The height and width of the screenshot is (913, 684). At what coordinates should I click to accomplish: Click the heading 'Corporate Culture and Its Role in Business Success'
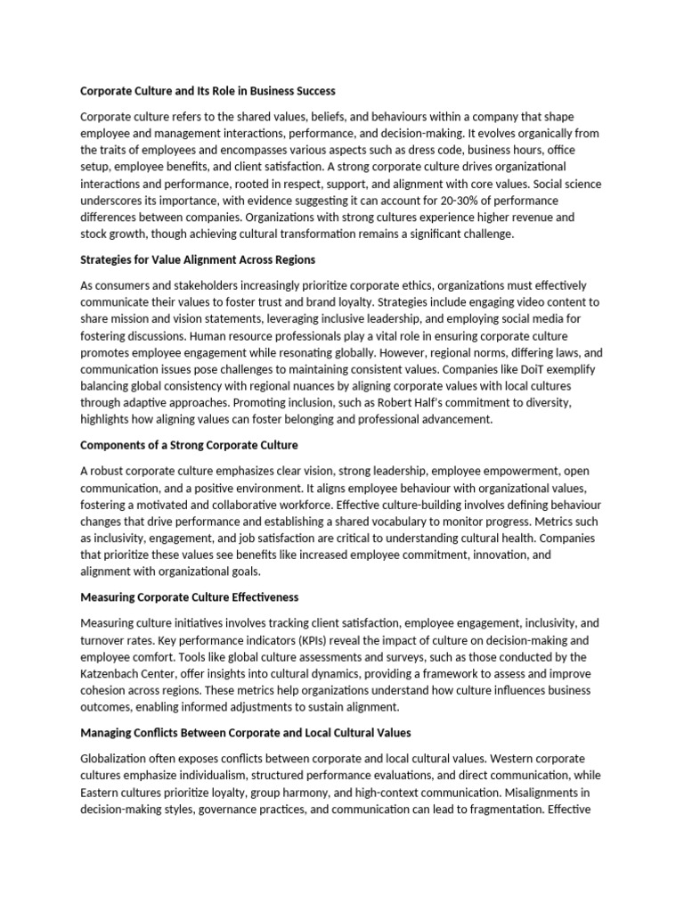pyautogui.click(x=208, y=91)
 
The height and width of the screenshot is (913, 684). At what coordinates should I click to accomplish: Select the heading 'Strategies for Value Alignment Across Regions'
pyautogui.click(x=198, y=259)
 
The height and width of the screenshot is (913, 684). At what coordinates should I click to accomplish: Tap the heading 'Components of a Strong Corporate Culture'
pyautogui.click(x=189, y=444)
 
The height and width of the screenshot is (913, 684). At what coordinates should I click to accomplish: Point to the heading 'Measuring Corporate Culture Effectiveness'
pyautogui.click(x=189, y=596)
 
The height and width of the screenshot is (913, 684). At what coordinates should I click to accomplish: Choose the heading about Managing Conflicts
pyautogui.click(x=246, y=732)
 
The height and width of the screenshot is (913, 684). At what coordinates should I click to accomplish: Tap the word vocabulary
pyautogui.click(x=407, y=521)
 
